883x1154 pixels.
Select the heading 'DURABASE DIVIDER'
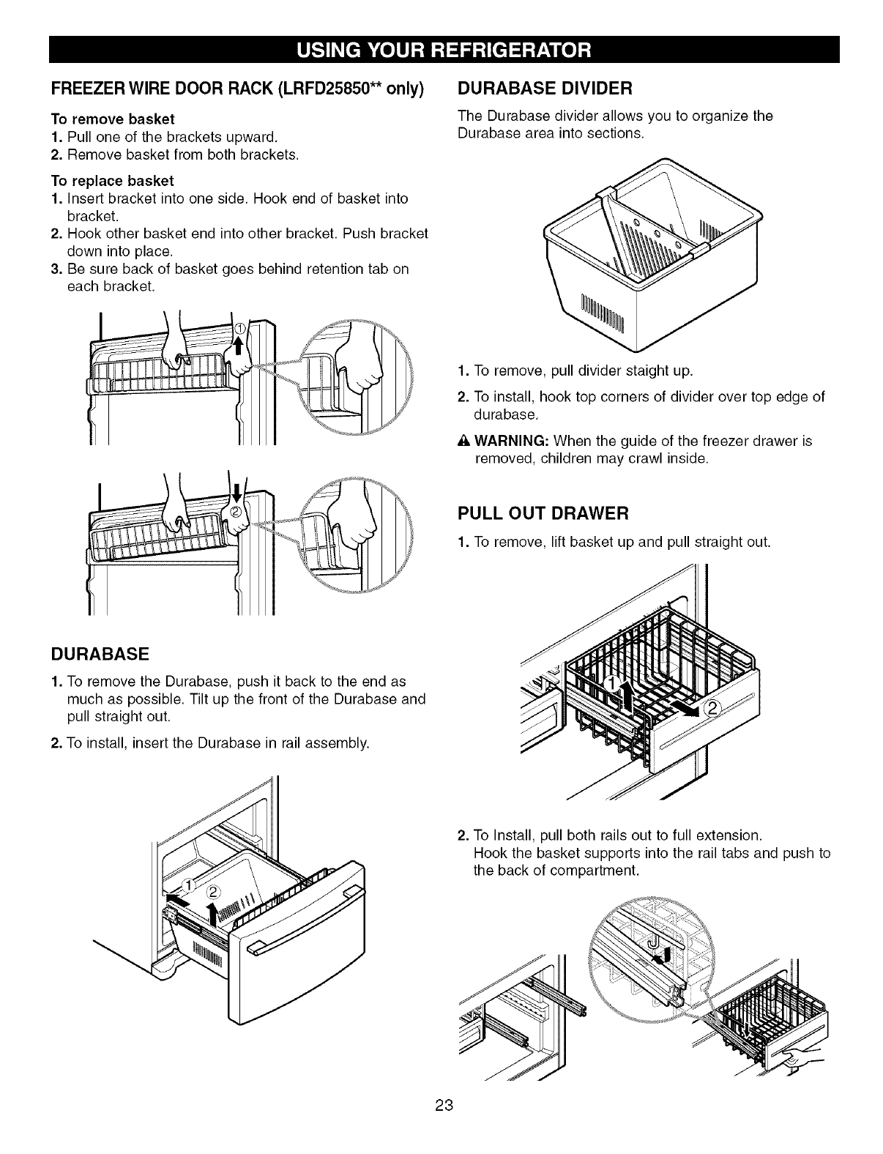[544, 89]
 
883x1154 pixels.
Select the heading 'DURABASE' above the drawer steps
[100, 652]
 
